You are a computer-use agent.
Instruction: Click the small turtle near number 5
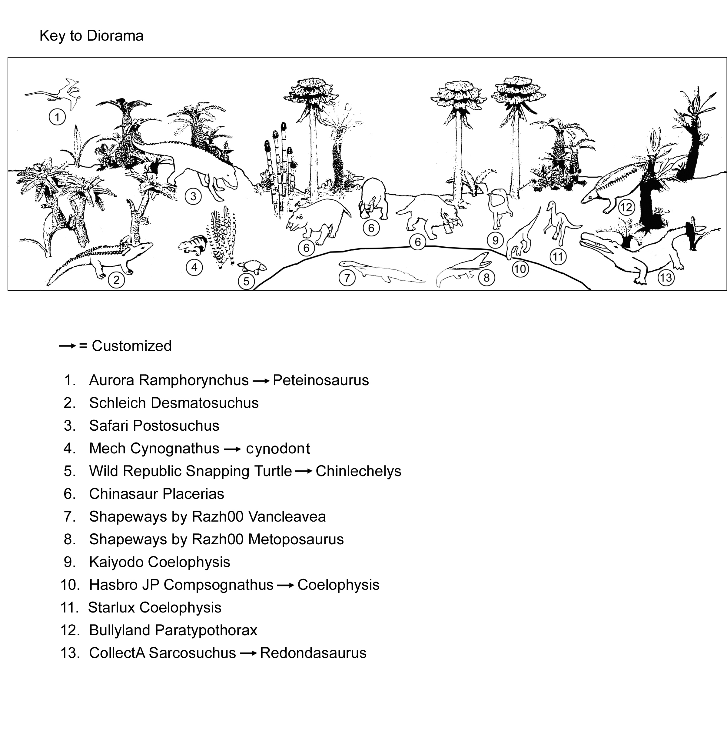(x=252, y=267)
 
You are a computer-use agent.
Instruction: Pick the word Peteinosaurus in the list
(x=320, y=380)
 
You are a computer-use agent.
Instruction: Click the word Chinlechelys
(x=358, y=471)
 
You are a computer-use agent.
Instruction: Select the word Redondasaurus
(x=313, y=653)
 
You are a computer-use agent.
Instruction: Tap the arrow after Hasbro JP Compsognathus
(x=285, y=585)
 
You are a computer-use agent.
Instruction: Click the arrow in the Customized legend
(x=68, y=346)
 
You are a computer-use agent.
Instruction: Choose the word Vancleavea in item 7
(x=287, y=516)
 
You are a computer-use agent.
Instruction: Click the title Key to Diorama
(x=91, y=36)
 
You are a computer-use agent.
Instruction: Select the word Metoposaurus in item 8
(x=296, y=539)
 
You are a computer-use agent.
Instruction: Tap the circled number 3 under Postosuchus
(x=193, y=197)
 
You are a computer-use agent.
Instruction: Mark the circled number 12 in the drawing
(x=626, y=207)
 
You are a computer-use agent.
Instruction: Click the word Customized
(x=131, y=346)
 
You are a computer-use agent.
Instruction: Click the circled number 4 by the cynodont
(x=194, y=267)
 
